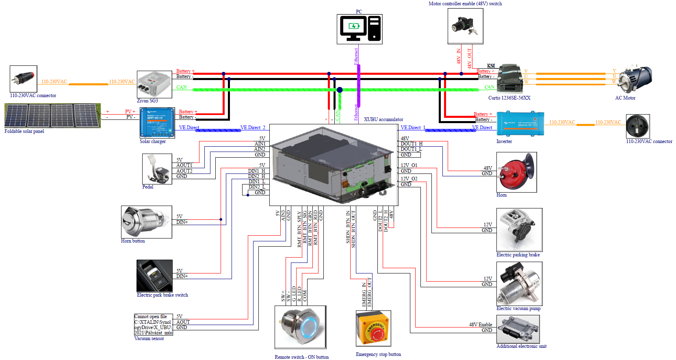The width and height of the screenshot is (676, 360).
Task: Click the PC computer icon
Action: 360,29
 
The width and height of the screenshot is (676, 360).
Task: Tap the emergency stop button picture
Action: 373,328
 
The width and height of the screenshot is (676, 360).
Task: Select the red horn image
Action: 516,172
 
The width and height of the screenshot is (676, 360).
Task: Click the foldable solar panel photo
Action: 52,115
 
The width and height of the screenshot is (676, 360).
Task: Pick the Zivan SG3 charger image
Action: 154,84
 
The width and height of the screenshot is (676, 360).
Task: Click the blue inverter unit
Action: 520,124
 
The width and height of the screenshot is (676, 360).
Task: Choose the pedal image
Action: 157,169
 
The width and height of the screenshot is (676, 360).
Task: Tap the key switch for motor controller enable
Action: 465,26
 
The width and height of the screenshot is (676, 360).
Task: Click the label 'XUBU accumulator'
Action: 383,119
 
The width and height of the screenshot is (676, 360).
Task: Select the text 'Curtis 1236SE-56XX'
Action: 509,98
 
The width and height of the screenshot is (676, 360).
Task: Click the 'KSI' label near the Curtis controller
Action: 491,66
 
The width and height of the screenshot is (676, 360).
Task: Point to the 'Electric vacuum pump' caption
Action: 518,308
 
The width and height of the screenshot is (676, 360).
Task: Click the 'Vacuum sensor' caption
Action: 149,338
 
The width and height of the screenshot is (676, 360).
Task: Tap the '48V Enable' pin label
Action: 480,325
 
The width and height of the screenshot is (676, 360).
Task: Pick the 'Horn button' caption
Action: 133,241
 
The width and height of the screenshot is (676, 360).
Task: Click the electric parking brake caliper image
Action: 519,230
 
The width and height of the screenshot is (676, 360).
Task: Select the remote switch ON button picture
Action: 300,327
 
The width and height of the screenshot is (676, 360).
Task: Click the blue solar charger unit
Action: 157,123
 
